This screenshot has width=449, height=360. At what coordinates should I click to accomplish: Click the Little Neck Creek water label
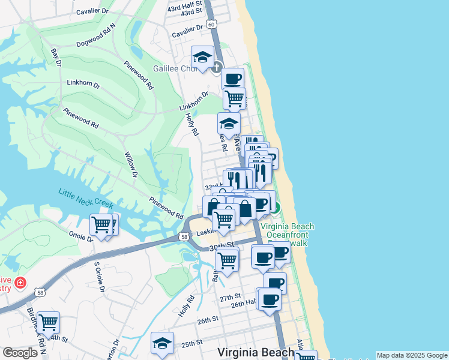(x=86, y=199)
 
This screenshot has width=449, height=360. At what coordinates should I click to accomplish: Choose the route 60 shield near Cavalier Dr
(x=211, y=24)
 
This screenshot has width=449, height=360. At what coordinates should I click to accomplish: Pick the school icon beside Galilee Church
(x=202, y=58)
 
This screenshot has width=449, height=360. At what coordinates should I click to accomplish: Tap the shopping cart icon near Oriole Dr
(x=101, y=226)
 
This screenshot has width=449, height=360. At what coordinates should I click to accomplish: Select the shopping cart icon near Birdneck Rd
(x=48, y=323)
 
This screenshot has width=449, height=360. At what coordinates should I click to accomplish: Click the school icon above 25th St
(x=162, y=343)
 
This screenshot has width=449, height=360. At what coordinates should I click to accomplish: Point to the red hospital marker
(x=21, y=282)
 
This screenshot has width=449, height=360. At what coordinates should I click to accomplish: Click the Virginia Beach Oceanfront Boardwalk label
(x=287, y=235)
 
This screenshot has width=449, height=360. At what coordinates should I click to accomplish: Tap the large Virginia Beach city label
(x=248, y=352)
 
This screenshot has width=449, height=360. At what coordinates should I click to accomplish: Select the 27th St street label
(x=229, y=298)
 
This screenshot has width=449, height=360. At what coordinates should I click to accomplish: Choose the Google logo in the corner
(x=19, y=353)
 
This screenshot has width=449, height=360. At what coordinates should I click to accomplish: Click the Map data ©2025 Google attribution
(x=412, y=355)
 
